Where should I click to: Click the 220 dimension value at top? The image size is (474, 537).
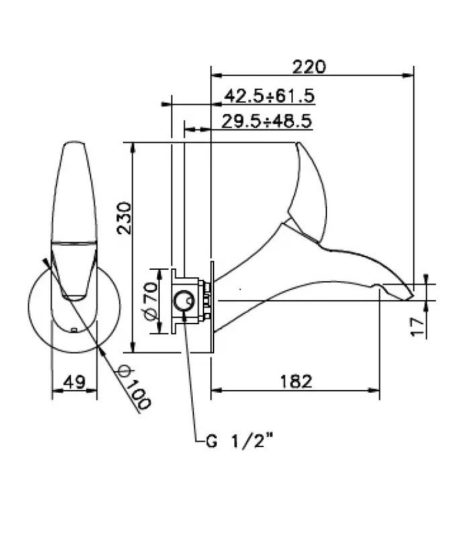(309, 66)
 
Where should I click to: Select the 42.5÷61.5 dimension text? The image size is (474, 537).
(269, 96)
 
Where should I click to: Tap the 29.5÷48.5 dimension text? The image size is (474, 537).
(266, 121)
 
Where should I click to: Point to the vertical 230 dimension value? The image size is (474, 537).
(122, 217)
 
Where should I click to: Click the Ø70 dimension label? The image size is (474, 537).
(150, 300)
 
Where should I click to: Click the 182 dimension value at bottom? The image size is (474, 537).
(295, 381)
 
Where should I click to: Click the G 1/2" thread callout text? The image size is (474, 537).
(239, 442)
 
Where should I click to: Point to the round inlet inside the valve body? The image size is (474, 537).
(182, 300)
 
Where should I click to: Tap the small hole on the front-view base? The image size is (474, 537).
(73, 330)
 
